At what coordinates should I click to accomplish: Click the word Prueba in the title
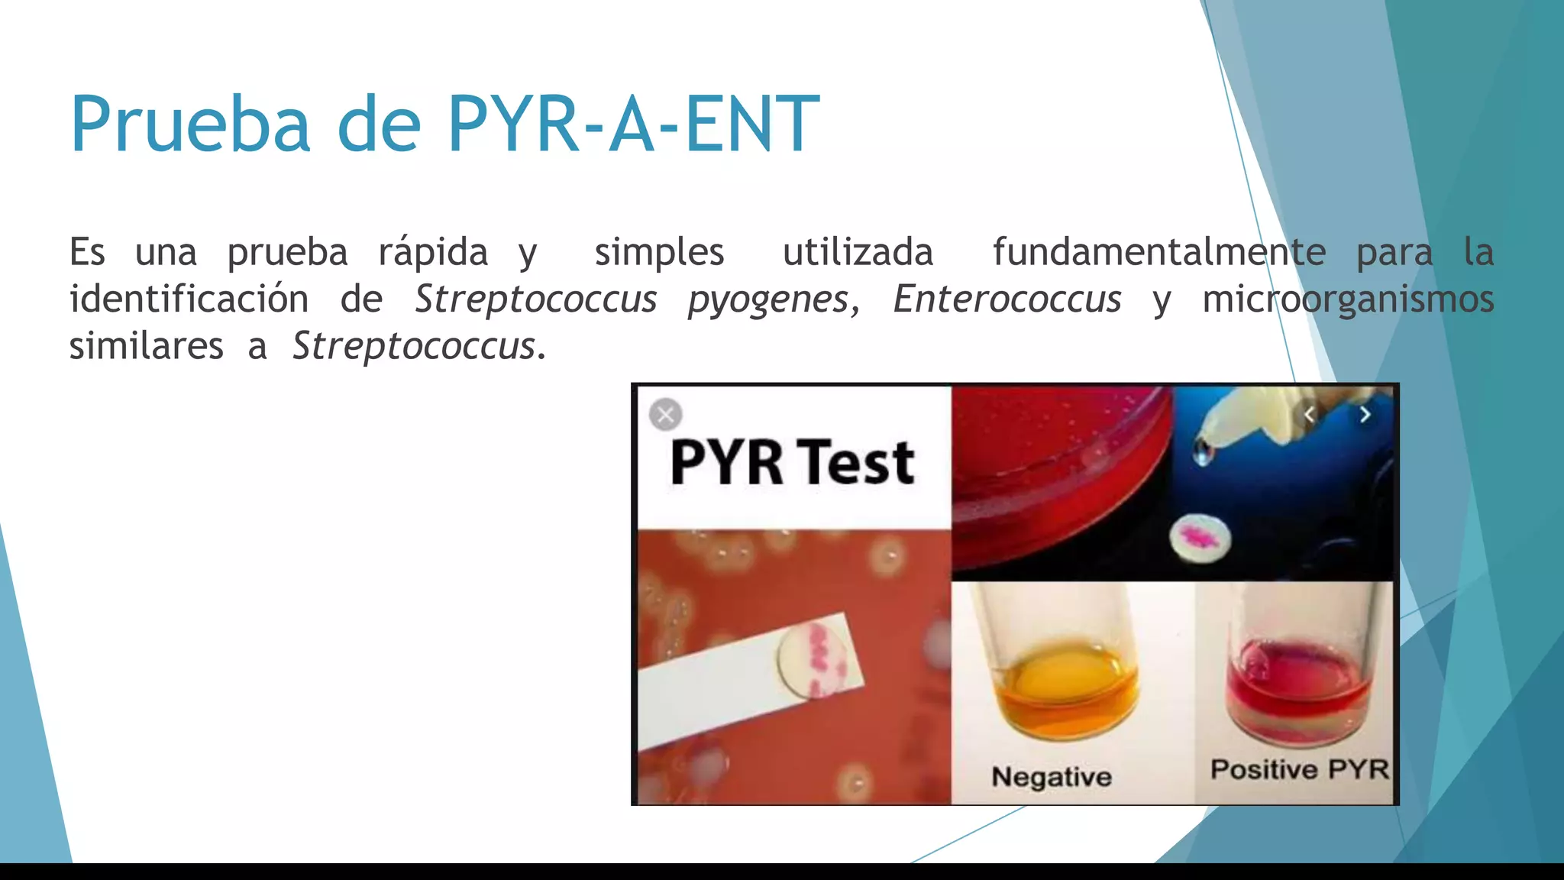pos(191,124)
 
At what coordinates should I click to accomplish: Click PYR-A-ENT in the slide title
pos(633,124)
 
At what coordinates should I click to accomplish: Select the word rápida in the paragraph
pos(433,252)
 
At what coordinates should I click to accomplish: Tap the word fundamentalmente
pos(1158,252)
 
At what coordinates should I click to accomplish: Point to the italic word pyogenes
pos(768,299)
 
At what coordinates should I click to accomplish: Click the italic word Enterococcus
pos(1007,299)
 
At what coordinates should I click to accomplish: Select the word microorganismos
pos(1348,299)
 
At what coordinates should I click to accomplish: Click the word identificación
pos(189,299)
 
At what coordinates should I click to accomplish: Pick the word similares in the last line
pos(147,346)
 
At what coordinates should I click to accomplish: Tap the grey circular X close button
pos(665,415)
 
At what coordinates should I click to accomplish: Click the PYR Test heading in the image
pos(792,463)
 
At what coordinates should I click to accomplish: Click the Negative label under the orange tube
pos(1052,777)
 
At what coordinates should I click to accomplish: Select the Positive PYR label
pos(1299,769)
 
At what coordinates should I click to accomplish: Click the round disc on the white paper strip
pos(814,660)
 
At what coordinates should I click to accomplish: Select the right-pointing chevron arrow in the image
pos(1365,415)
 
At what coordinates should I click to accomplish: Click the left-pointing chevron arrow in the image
pos(1309,415)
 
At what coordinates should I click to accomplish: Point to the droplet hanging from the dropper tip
pos(1203,454)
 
